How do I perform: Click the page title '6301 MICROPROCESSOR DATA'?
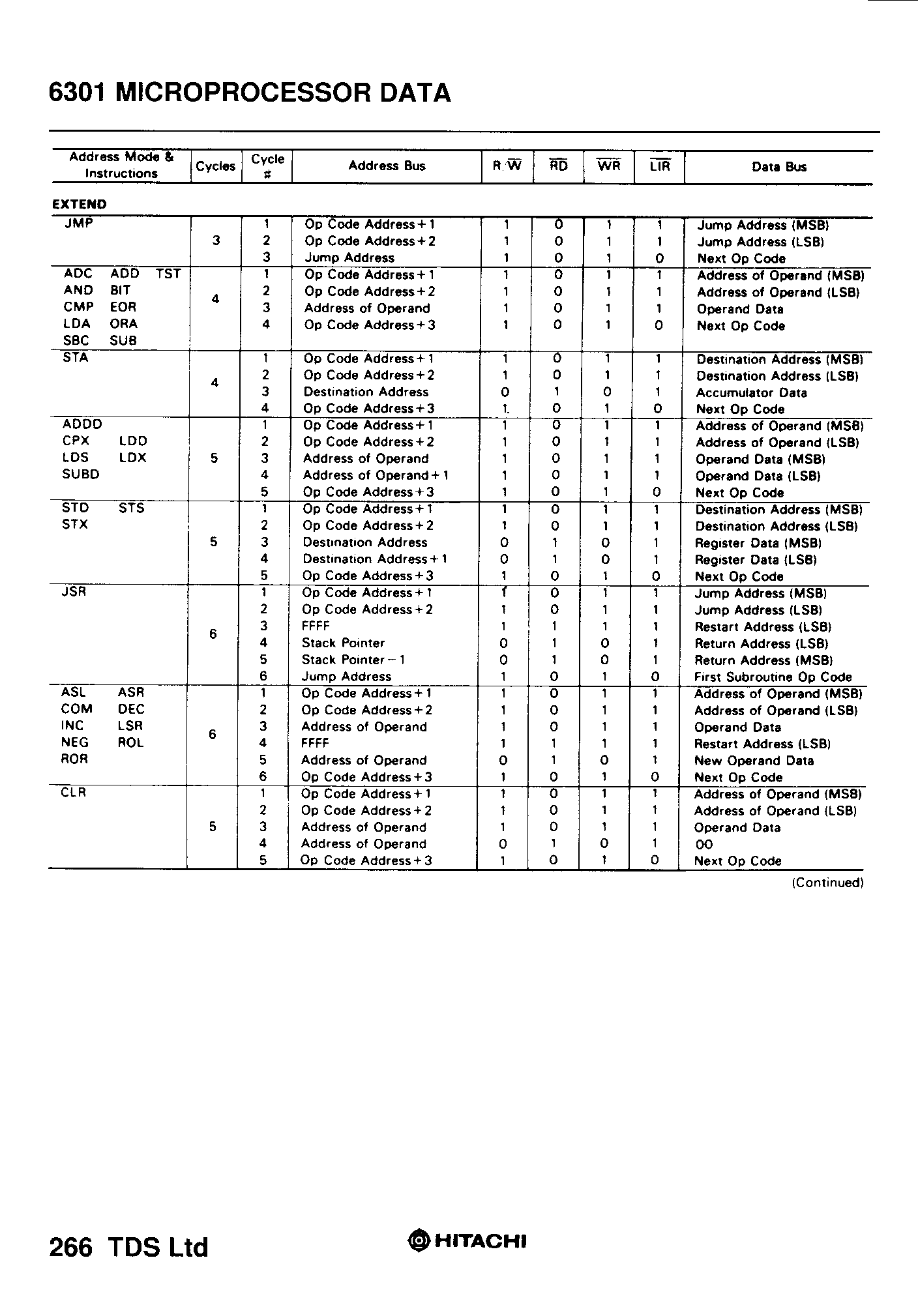coord(250,93)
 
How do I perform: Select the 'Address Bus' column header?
coord(387,166)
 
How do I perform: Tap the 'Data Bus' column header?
coord(778,167)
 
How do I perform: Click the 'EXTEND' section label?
coord(79,204)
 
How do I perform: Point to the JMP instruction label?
coord(79,224)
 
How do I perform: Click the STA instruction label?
coord(76,357)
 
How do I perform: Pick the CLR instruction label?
coord(73,793)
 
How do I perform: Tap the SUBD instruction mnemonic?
coord(81,475)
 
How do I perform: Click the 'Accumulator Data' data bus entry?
coord(751,393)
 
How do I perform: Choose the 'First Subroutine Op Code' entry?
coord(773,677)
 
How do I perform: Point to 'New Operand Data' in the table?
coord(754,761)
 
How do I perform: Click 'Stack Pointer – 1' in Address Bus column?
coord(353,660)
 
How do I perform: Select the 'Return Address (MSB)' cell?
coord(763,660)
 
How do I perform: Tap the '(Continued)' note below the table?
coord(827,883)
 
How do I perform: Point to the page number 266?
coord(70,1246)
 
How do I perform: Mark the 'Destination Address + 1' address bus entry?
coord(375,559)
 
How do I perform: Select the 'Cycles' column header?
coord(215,166)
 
